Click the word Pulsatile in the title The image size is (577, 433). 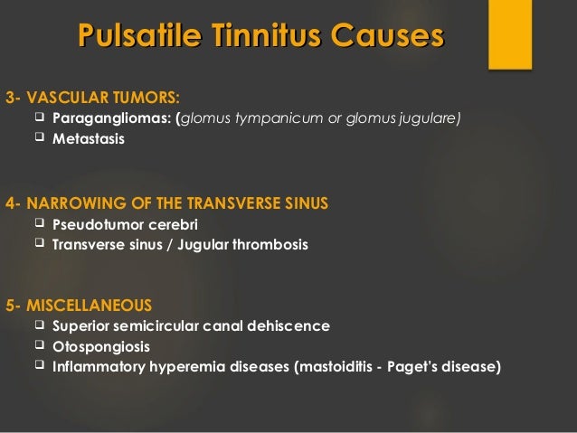(x=134, y=35)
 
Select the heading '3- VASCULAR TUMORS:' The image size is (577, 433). (x=92, y=97)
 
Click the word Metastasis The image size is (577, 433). (x=89, y=139)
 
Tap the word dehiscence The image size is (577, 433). (x=289, y=325)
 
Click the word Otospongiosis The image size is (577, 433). (x=101, y=346)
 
